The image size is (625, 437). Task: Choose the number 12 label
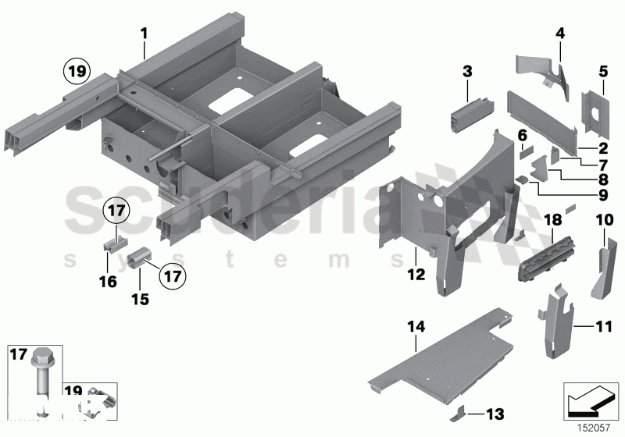click(522, 136)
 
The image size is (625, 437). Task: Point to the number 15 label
click(416, 274)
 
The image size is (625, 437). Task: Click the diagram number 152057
click(591, 426)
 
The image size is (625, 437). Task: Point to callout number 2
click(603, 147)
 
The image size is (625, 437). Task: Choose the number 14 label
click(416, 328)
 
